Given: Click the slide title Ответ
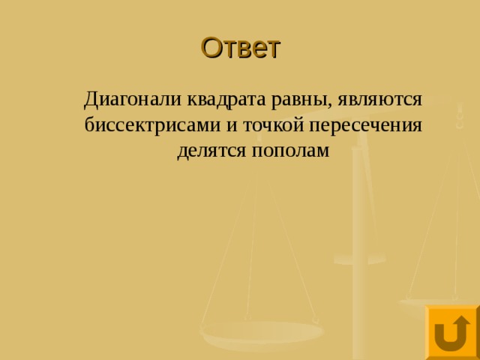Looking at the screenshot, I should click(240, 47).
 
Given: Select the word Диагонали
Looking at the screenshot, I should click(121, 99).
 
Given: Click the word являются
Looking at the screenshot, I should click(381, 99).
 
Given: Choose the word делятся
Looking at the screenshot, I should click(211, 150).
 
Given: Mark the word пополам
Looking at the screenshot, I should click(289, 150).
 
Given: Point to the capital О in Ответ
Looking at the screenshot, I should click(211, 47).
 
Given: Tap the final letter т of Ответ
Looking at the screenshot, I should click(273, 49).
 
